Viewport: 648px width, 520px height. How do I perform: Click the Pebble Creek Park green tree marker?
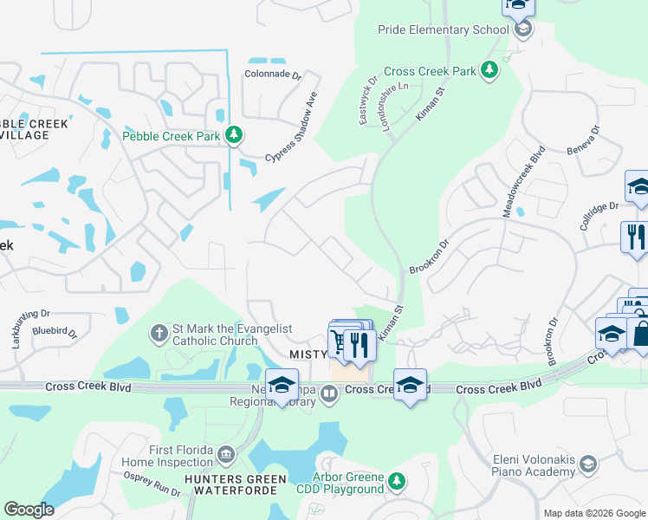pos(233,135)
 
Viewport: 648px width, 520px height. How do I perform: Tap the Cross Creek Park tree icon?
pos(489,70)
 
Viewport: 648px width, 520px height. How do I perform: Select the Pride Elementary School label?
pos(443,29)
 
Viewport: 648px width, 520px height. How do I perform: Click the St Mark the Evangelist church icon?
pos(159,332)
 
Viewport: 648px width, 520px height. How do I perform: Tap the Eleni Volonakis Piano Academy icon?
pos(588,465)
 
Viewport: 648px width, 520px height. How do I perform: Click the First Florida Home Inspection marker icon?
pos(225,453)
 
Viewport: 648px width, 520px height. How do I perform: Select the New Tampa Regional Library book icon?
pos(329,395)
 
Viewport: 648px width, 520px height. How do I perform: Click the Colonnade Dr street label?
pos(273,75)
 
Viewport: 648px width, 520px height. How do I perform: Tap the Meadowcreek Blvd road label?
pos(523,182)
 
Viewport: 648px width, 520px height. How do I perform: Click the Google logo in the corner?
pos(29,510)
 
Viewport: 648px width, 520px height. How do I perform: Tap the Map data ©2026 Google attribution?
pos(593,513)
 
